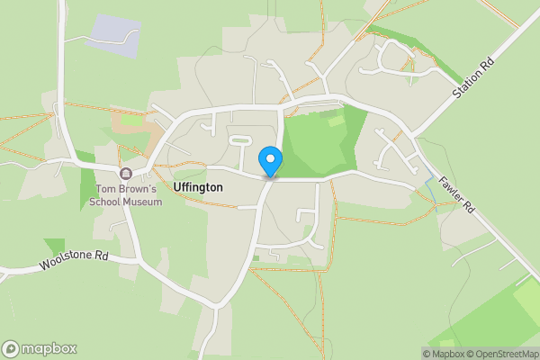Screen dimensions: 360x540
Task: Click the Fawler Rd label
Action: (457, 193)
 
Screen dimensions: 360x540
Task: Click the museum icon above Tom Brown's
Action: (126, 173)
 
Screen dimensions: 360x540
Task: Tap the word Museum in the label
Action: (143, 202)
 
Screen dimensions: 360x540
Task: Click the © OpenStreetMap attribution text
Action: (501, 354)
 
